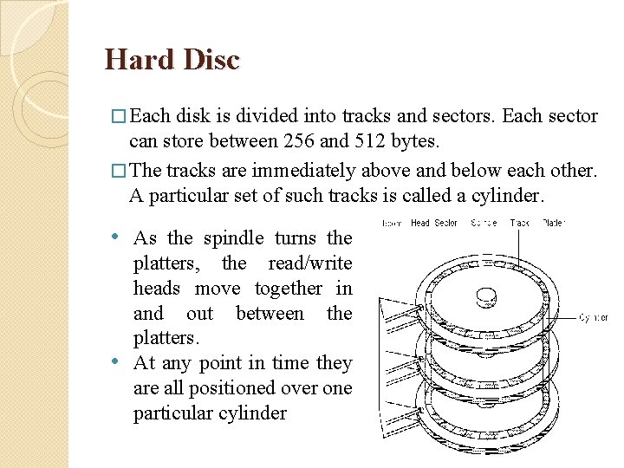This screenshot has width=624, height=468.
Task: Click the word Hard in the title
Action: pos(137,59)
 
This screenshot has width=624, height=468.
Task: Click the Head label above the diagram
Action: pos(420,223)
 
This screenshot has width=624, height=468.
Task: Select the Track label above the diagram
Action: pos(520,223)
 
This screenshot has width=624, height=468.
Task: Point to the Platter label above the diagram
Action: pos(552,223)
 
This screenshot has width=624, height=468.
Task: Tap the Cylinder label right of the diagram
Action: pos(593,318)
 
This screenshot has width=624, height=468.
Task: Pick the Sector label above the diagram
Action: pos(446,223)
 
